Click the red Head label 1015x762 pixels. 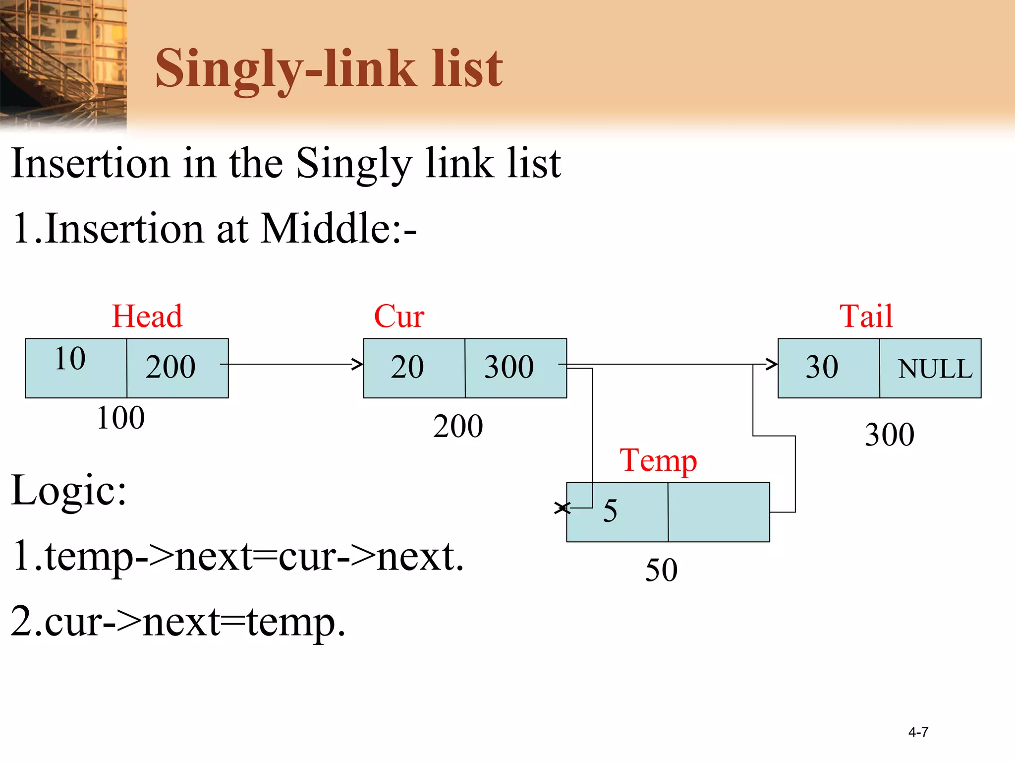(147, 316)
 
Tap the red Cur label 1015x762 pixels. (399, 316)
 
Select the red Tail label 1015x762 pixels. (866, 316)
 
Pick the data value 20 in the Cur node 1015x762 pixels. (407, 367)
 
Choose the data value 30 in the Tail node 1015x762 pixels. (822, 367)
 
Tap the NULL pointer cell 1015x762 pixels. (935, 369)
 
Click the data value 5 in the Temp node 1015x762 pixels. (610, 511)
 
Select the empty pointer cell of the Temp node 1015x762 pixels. (719, 512)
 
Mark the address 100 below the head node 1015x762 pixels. (120, 418)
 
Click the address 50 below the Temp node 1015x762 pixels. (661, 570)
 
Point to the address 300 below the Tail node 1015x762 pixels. (890, 435)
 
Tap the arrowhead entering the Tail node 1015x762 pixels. (772, 364)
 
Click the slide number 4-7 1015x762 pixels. (918, 732)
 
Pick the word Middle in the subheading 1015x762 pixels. (325, 228)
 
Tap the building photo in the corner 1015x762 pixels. (63, 64)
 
